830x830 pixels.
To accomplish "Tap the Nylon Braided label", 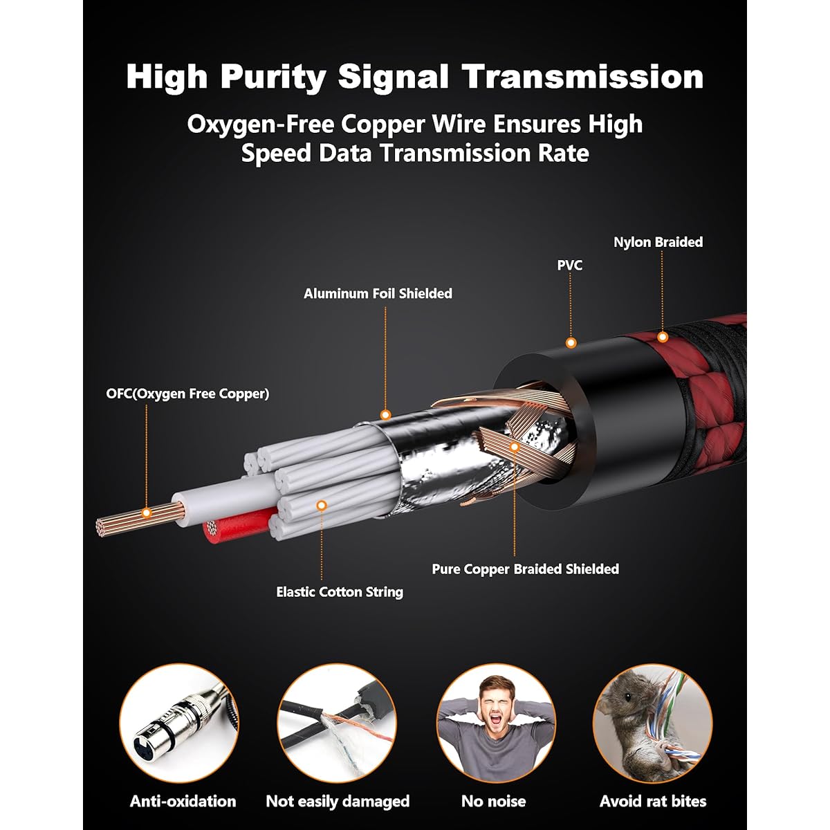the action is (658, 242).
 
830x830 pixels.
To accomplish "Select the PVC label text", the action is (570, 266).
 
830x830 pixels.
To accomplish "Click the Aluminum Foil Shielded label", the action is (378, 294).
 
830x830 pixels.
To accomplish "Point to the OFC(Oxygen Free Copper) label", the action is (188, 394).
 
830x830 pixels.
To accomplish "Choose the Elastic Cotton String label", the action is (340, 592).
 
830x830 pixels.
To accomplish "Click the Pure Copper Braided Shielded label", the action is (526, 569).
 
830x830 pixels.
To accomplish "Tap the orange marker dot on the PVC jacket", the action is (571, 343).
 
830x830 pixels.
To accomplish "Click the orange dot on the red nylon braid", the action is (663, 337).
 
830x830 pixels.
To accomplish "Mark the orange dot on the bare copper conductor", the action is (147, 513).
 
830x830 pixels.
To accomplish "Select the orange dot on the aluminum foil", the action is (385, 415).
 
